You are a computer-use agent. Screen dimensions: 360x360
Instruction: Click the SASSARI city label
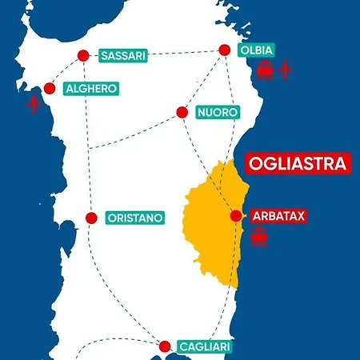click(x=122, y=56)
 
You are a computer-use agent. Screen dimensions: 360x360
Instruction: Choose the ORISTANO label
click(x=135, y=218)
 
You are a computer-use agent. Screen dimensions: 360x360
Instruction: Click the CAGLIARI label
click(x=206, y=346)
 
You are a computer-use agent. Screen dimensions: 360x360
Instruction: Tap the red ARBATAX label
click(x=278, y=216)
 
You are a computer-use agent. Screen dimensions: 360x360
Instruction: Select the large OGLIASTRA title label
click(x=298, y=163)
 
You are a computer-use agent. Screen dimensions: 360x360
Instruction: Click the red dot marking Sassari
click(x=83, y=56)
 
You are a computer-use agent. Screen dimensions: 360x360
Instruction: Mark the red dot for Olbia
click(x=225, y=50)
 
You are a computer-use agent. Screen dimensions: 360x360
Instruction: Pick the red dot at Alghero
click(x=50, y=88)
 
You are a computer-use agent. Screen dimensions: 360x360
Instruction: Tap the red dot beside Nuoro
click(x=182, y=113)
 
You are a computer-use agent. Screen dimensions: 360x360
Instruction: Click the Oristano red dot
click(x=91, y=218)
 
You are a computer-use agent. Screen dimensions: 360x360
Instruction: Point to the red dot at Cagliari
click(x=165, y=346)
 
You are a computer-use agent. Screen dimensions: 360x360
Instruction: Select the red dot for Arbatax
click(x=235, y=216)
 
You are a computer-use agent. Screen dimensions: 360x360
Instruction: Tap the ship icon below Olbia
click(x=265, y=70)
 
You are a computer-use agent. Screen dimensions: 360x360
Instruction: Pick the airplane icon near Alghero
click(x=34, y=105)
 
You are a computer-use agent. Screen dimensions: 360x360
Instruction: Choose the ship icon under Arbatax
click(x=259, y=237)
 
